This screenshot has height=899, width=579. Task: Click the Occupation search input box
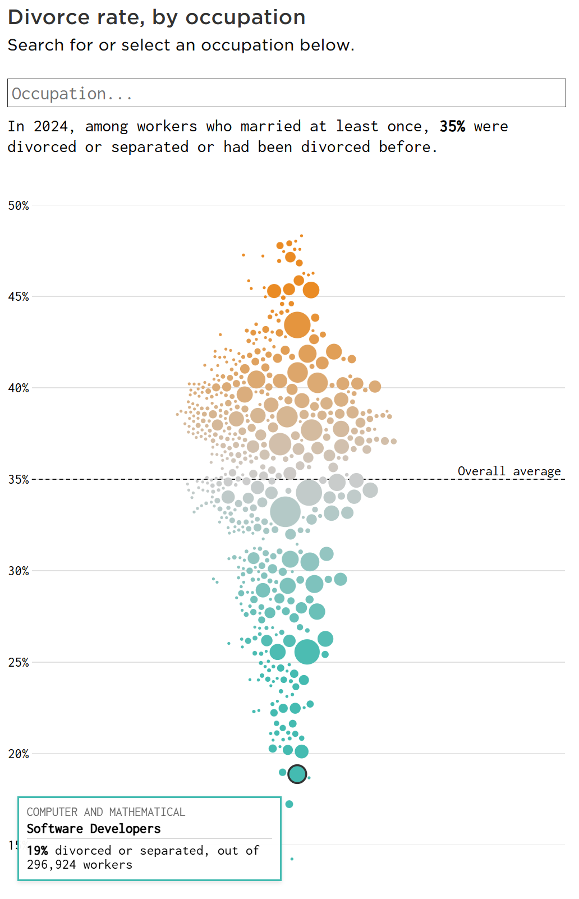coord(287,93)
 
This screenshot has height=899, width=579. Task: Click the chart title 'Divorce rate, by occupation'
coord(157,17)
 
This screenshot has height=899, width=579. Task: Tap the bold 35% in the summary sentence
coord(452,126)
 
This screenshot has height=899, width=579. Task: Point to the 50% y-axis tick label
coord(19,205)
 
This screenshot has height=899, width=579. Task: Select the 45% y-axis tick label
coord(19,297)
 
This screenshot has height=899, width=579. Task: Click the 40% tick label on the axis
coord(19,388)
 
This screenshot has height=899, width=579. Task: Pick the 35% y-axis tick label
coord(19,479)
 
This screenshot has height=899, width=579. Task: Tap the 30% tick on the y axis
coord(19,571)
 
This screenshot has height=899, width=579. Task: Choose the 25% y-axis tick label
coord(19,662)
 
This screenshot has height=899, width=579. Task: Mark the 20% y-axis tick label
coord(19,754)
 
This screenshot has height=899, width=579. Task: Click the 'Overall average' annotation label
coord(509,471)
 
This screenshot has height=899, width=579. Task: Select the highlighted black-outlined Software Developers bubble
coord(297,774)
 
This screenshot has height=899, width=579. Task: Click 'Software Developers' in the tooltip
coord(94,828)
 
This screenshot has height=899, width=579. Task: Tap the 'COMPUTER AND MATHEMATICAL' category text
coord(106,811)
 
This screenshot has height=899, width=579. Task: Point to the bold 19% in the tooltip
coord(38,850)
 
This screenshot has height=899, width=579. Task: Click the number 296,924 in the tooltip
coord(52,864)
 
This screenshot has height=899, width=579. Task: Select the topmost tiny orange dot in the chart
coord(302,236)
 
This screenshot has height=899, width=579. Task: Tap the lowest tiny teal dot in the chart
coord(292,859)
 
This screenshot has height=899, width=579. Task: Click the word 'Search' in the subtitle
coord(36,45)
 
